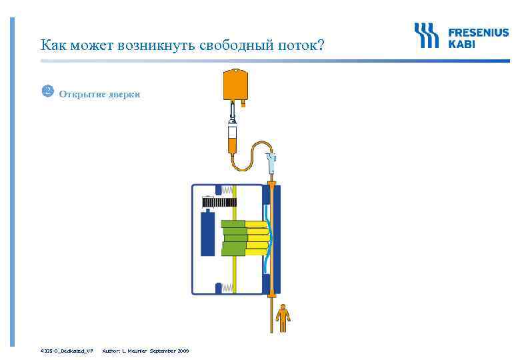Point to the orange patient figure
[x=285, y=318]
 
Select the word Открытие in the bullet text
[x=80, y=94]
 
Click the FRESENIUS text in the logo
[x=477, y=33]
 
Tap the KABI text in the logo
[x=462, y=44]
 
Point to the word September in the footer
[x=163, y=350]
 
